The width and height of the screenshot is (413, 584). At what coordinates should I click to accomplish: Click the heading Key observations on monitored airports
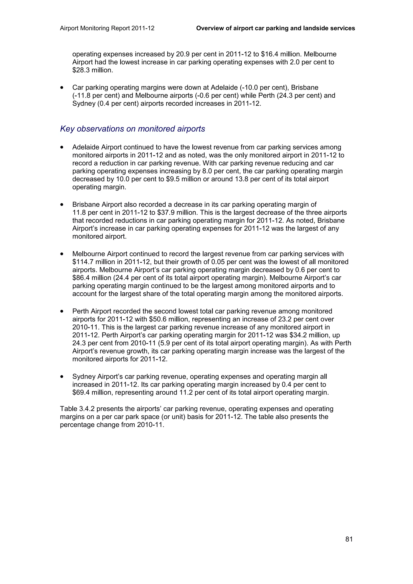(x=132, y=129)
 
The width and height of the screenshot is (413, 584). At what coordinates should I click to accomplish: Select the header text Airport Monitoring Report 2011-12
(x=107, y=28)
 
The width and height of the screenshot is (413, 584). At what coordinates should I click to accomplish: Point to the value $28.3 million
(x=93, y=70)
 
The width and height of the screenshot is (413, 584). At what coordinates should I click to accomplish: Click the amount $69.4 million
(x=93, y=393)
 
